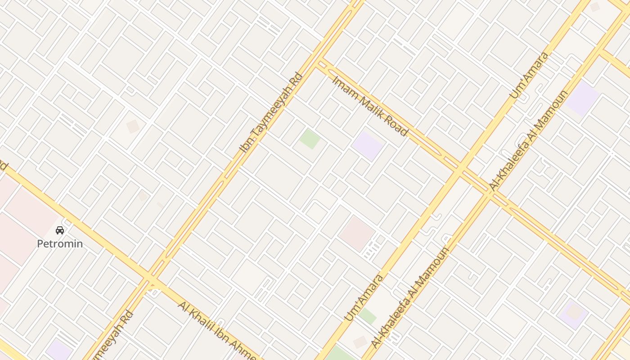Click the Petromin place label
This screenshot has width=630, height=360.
60,244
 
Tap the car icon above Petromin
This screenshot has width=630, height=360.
60,230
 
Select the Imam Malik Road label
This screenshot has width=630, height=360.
370,106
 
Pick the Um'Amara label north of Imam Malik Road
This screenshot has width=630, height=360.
529,75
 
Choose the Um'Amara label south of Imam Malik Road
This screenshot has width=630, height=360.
364,297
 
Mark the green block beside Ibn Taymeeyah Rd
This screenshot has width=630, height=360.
310,139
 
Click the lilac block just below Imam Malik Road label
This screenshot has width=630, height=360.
368,145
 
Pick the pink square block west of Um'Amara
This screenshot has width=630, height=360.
356,234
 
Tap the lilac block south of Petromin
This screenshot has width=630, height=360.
58,351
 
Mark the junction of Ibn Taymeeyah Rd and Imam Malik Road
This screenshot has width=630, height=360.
320,62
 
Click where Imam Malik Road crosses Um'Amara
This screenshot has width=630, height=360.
460,170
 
